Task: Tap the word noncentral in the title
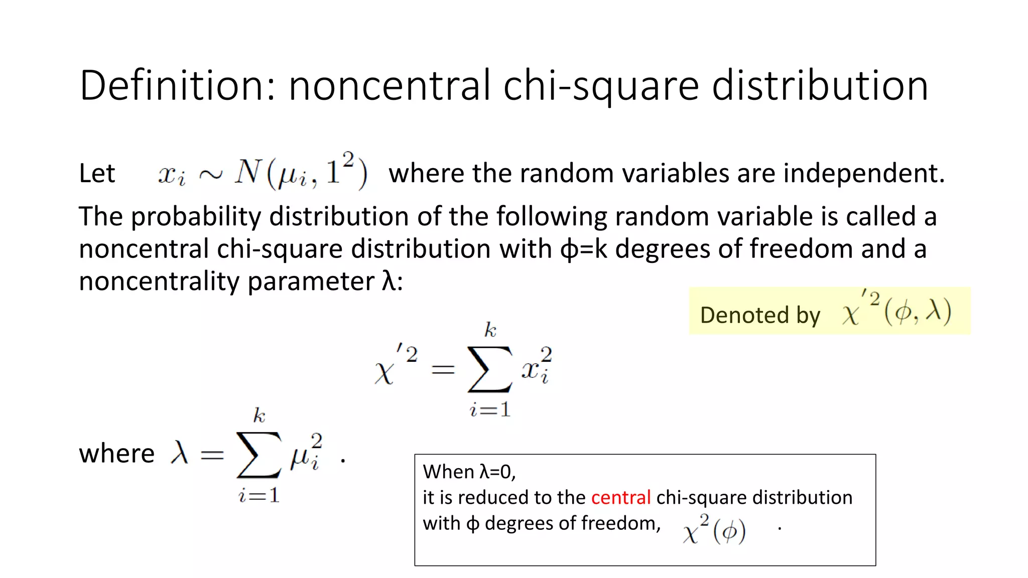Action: pos(389,85)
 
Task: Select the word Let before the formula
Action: pos(97,174)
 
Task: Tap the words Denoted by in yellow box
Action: pos(760,315)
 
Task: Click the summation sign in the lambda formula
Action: pos(259,455)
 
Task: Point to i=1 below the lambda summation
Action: pos(259,496)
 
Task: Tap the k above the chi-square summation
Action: pos(490,330)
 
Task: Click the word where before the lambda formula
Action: pos(116,454)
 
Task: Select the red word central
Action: pos(620,497)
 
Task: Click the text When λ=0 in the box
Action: pos(469,472)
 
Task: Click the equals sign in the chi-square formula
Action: pos(443,370)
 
